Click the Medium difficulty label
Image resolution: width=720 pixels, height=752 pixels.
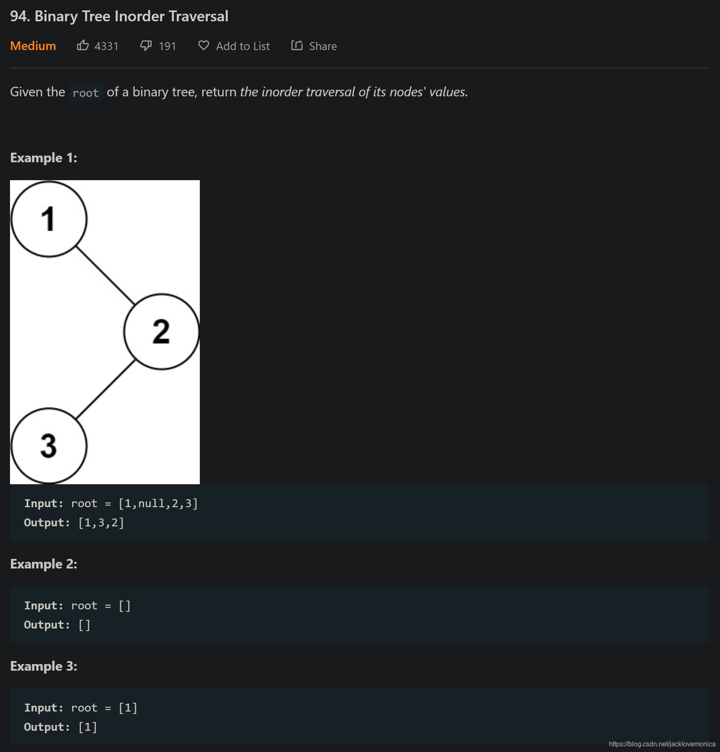tap(33, 46)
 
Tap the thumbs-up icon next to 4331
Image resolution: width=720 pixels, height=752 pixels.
tap(83, 45)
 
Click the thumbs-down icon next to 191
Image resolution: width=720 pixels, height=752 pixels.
tap(146, 45)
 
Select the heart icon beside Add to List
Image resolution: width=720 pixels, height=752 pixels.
tap(204, 45)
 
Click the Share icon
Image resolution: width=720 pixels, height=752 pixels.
tap(297, 45)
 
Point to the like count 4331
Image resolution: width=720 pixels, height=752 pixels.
tap(106, 46)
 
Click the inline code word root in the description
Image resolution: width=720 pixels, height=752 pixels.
tap(86, 93)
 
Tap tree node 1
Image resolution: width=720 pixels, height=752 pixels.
tap(49, 219)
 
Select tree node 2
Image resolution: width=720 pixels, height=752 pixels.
tap(161, 332)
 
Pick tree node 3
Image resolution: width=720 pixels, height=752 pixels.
tap(49, 445)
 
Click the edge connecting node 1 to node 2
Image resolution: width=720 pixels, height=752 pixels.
tap(105, 275)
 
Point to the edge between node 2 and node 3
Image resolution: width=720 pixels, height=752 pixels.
tap(106, 389)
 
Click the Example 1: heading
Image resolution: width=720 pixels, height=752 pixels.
tap(44, 158)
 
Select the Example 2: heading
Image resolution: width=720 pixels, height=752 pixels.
tap(44, 564)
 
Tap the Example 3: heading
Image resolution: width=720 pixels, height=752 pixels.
tap(44, 666)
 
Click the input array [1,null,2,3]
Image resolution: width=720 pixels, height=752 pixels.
tap(158, 503)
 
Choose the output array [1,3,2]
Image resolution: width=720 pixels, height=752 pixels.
tap(101, 523)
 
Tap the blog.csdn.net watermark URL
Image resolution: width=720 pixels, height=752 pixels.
tap(662, 744)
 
